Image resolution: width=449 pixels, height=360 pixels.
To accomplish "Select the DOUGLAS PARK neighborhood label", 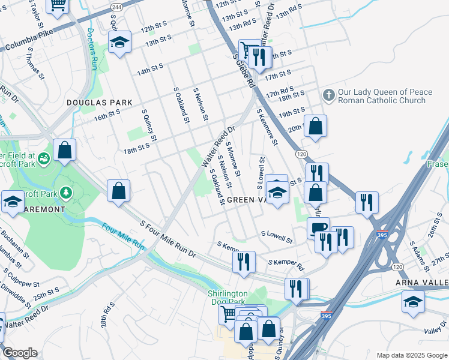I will pyautogui.click(x=99, y=103).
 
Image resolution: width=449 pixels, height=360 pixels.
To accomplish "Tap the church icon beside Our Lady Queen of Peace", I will pyautogui.click(x=328, y=95).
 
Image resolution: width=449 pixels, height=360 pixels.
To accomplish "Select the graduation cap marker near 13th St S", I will pyautogui.click(x=119, y=42).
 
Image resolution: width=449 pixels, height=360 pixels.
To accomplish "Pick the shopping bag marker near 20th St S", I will pyautogui.click(x=315, y=126).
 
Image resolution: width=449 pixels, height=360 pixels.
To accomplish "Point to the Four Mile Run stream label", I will pyautogui.click(x=123, y=236).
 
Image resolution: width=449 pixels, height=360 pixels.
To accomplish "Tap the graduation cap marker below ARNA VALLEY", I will pyautogui.click(x=413, y=301).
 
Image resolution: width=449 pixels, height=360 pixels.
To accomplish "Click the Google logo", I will pyautogui.click(x=19, y=353).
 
